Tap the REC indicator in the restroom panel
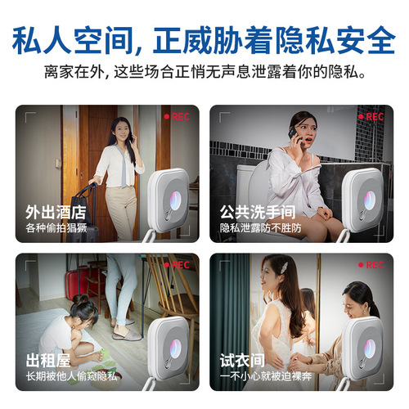pyautogui.click(x=370, y=117)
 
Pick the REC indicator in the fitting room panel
pyautogui.click(x=370, y=265)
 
